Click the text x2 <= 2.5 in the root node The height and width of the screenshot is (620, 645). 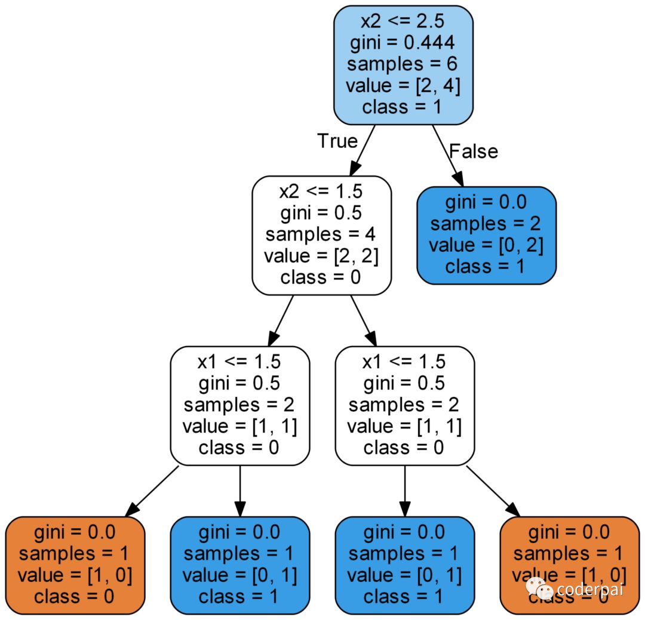click(x=403, y=21)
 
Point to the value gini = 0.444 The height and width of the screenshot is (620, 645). click(x=403, y=43)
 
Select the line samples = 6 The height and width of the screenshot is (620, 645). click(x=403, y=64)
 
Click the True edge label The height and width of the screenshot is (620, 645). click(x=337, y=141)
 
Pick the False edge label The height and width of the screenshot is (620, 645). click(x=474, y=152)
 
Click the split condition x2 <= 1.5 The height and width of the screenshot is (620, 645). click(x=321, y=192)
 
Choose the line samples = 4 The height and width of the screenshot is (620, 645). click(x=321, y=235)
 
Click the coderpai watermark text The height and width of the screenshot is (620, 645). click(x=590, y=590)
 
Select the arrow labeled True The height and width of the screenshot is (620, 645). click(x=363, y=150)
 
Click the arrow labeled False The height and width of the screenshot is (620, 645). click(x=448, y=156)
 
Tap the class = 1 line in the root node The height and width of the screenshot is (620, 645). click(x=403, y=107)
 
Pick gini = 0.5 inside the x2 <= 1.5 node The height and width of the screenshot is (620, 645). click(x=321, y=213)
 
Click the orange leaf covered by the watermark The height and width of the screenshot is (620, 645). click(x=570, y=565)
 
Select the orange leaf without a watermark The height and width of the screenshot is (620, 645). click(x=75, y=565)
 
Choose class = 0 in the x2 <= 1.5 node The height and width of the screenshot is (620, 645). click(x=321, y=277)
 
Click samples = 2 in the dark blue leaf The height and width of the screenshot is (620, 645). click(x=486, y=224)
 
